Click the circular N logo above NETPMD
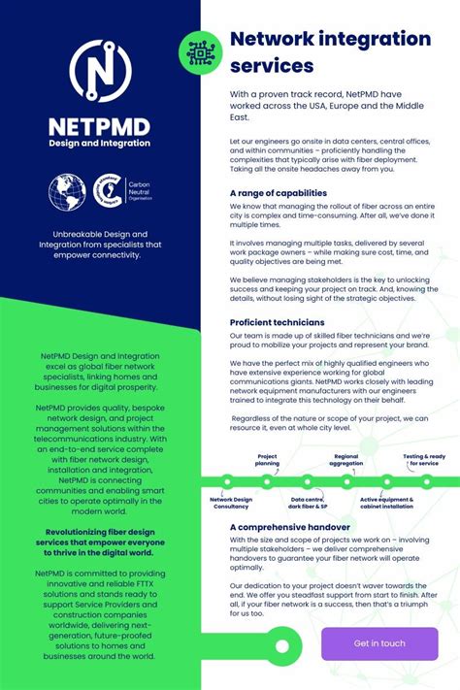pos(100,74)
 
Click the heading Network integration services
pos(330,52)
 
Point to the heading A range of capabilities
pos(279,192)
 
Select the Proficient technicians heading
pos(277,322)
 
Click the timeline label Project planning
pos(267,459)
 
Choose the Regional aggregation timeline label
pos(346,459)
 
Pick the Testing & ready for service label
pos(424,459)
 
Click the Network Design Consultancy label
pos(230,502)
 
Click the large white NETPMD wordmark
pos(100,126)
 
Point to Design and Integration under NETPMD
pos(100,144)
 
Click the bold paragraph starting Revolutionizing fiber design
pos(100,542)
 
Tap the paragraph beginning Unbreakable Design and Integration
pos(100,246)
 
